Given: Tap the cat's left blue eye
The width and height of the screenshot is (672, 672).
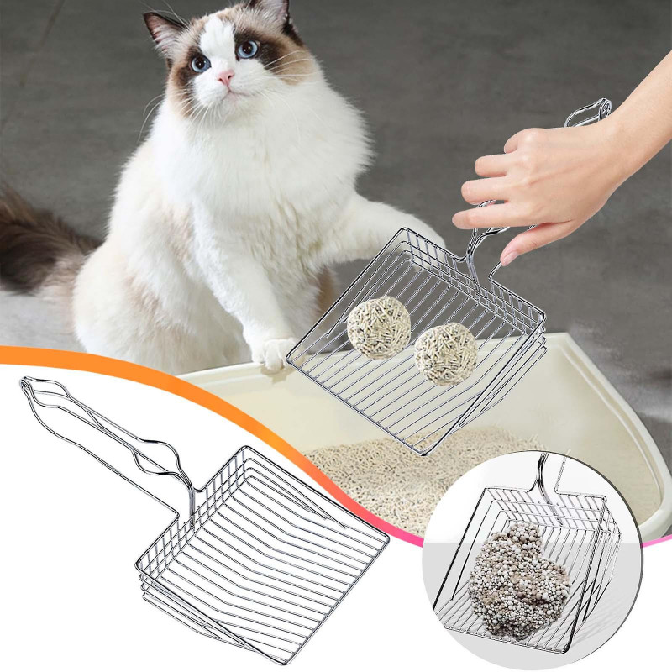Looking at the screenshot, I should click(x=200, y=63).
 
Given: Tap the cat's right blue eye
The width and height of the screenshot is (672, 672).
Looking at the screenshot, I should click(x=248, y=49).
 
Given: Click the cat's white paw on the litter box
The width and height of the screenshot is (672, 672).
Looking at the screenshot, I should click(x=273, y=353).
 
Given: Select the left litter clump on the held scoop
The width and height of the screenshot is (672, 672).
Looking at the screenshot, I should click(x=379, y=327).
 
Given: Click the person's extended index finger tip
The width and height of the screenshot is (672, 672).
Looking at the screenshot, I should click(x=460, y=219).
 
